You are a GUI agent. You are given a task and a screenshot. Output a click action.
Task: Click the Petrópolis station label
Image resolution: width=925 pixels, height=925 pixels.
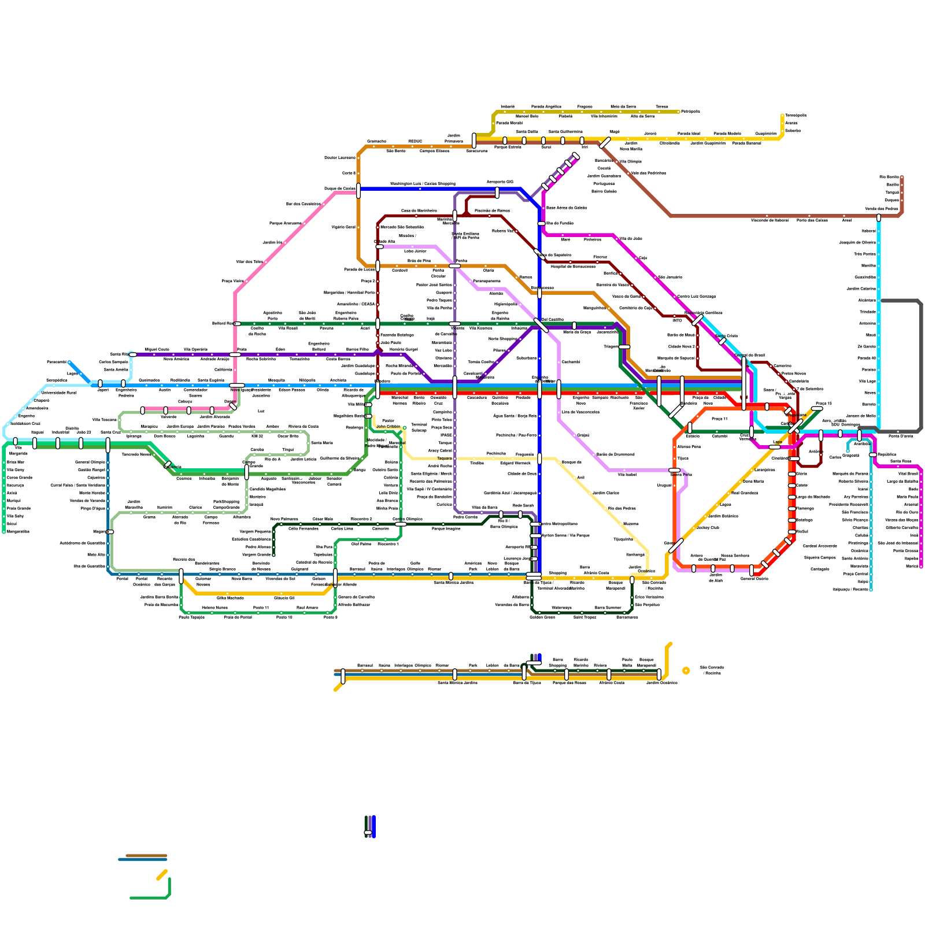click(690, 112)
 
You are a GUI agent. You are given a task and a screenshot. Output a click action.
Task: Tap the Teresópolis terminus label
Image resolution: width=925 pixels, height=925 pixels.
click(795, 115)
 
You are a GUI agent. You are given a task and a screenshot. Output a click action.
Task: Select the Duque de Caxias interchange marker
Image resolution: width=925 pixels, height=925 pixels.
click(358, 190)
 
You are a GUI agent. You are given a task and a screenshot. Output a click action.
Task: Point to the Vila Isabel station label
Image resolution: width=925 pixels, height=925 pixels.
click(627, 475)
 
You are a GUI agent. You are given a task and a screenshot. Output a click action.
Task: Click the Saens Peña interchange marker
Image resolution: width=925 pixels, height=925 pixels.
click(675, 470)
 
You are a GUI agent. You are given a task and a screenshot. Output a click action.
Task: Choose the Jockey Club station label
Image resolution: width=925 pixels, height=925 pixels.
click(708, 527)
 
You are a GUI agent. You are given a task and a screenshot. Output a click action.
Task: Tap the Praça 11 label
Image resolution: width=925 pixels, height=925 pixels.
click(719, 419)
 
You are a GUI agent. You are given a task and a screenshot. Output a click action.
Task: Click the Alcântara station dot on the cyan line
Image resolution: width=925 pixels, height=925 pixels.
click(879, 301)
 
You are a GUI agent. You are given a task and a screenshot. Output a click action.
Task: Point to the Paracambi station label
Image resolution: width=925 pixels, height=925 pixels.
click(57, 362)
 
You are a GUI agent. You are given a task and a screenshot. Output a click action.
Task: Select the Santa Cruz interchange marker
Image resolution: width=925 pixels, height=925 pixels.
click(108, 444)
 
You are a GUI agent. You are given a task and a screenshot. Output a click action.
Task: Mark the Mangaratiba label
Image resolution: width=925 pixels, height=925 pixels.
click(18, 531)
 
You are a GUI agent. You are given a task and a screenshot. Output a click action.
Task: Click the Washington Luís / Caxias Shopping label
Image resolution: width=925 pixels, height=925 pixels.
click(423, 184)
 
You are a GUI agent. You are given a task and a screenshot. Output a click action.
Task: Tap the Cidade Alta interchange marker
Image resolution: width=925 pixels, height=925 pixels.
click(379, 246)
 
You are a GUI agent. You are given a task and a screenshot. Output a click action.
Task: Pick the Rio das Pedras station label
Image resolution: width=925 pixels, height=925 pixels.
click(621, 508)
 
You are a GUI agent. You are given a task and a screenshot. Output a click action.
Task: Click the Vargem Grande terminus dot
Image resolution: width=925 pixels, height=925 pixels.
click(273, 555)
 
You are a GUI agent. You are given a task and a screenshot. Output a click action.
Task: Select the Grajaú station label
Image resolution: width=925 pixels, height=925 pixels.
click(583, 435)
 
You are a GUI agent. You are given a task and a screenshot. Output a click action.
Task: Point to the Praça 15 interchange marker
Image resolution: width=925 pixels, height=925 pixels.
click(817, 409)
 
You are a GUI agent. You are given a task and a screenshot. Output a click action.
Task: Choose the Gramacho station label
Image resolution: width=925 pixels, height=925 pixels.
click(376, 141)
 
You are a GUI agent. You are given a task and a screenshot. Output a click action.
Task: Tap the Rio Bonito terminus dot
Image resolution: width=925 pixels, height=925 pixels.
click(902, 177)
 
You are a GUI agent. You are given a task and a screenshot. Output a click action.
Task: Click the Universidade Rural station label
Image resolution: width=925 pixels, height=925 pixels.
click(58, 393)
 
